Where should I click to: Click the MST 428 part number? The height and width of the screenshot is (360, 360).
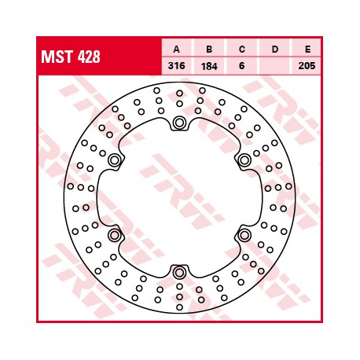pos(71,57)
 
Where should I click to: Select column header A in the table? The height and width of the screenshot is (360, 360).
pos(177,49)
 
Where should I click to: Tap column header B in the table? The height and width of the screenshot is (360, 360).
pos(209,49)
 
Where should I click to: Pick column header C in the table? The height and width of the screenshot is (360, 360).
pos(242,49)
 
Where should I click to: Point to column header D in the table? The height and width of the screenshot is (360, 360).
pos(275,49)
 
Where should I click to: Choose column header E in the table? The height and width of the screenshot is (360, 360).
pos(307,49)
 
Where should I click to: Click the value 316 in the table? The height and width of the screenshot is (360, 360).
pos(177,66)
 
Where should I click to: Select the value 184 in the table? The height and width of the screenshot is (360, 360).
pos(209,66)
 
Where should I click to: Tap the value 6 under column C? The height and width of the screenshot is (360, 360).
pos(242,66)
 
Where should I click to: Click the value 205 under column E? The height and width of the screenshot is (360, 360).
pos(307,66)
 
